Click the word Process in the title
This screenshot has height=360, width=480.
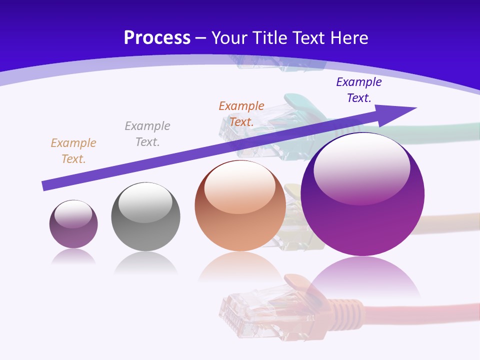point(157,38)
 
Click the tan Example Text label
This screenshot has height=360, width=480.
point(73,151)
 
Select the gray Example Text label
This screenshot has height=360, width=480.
point(147,134)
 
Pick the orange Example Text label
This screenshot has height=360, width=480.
point(241,114)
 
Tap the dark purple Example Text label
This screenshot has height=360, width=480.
point(359,90)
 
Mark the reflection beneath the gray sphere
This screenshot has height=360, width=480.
point(145,262)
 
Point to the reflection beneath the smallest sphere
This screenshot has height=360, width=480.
point(73,256)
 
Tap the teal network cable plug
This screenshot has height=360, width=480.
point(300,110)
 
